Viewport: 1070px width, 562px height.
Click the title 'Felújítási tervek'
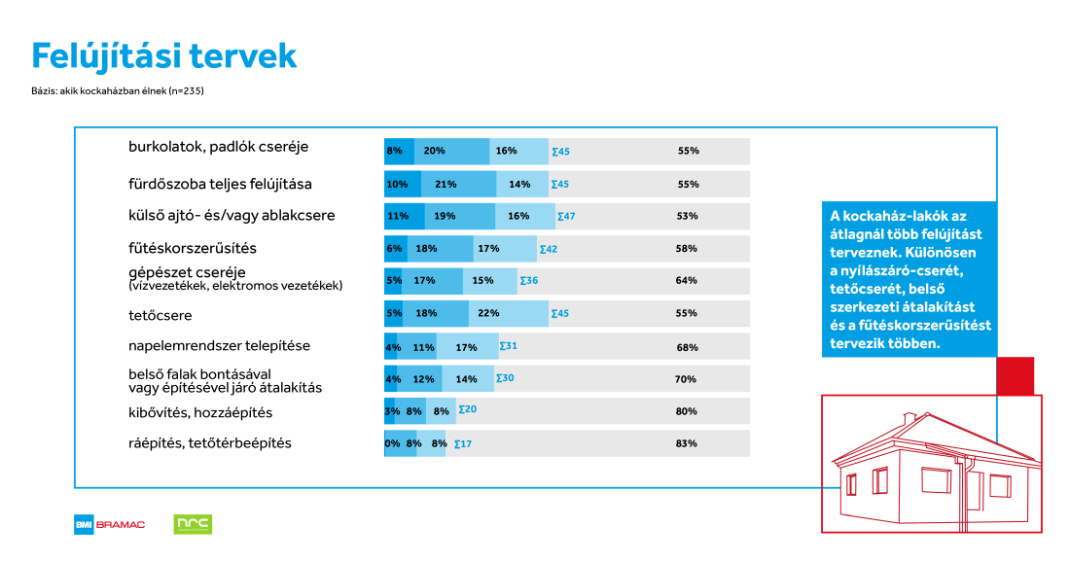(x=163, y=56)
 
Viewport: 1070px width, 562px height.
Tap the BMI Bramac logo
(x=110, y=524)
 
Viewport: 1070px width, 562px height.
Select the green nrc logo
(x=193, y=524)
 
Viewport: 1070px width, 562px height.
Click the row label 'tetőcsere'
(x=160, y=315)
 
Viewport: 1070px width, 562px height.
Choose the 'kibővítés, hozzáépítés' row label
(x=200, y=412)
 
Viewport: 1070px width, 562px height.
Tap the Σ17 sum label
(x=463, y=443)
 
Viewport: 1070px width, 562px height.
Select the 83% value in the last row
(x=688, y=443)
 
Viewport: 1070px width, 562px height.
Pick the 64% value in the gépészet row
(x=688, y=281)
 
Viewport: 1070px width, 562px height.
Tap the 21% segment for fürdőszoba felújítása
(x=458, y=184)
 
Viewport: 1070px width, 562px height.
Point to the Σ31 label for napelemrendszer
(x=508, y=345)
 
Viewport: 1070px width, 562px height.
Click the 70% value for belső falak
(x=688, y=378)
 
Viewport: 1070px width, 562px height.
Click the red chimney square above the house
(x=1016, y=375)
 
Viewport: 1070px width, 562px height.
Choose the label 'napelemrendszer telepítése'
(x=219, y=345)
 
